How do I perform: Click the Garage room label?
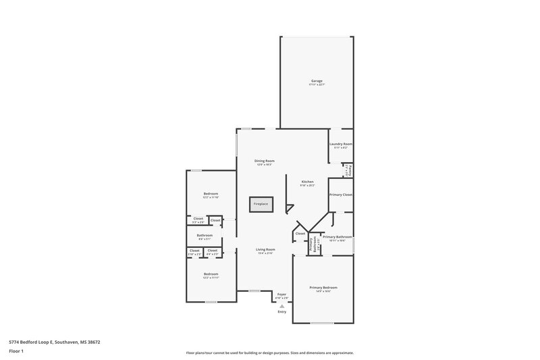click(x=316, y=81)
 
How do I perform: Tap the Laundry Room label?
click(x=341, y=144)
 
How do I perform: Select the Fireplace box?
click(x=260, y=204)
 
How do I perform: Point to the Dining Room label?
click(x=264, y=161)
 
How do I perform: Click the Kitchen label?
click(x=307, y=182)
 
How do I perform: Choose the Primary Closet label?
click(x=341, y=195)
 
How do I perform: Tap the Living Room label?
click(x=265, y=250)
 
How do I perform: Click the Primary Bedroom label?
click(x=323, y=288)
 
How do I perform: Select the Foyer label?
click(x=282, y=294)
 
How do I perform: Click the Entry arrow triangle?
click(x=282, y=305)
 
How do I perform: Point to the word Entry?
click(x=282, y=312)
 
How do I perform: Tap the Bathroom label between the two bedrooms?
click(x=205, y=236)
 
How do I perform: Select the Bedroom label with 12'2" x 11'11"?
click(x=211, y=274)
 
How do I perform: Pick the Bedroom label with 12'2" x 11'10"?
click(x=211, y=195)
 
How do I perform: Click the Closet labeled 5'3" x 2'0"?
click(x=198, y=220)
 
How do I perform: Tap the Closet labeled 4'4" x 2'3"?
click(x=213, y=251)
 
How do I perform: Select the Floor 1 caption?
click(x=13, y=353)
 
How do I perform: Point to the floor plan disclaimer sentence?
click(x=269, y=353)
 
